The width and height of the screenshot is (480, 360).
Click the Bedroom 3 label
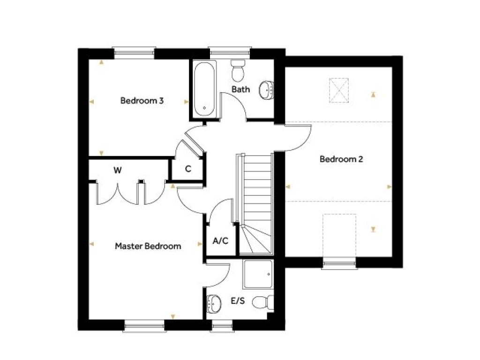tap(142, 100)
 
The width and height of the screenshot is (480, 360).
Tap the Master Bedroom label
tap(148, 246)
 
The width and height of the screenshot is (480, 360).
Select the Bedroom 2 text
tap(341, 159)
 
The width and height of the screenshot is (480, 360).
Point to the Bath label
tap(241, 89)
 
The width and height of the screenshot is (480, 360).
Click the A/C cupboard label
tap(220, 241)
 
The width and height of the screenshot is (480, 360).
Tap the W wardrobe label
tap(117, 170)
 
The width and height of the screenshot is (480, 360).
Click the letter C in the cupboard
tap(188, 169)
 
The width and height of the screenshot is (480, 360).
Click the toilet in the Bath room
tap(238, 70)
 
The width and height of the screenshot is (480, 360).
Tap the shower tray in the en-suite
tap(257, 274)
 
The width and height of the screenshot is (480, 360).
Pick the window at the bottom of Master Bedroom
tap(145, 324)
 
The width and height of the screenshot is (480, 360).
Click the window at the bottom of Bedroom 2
tap(339, 265)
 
